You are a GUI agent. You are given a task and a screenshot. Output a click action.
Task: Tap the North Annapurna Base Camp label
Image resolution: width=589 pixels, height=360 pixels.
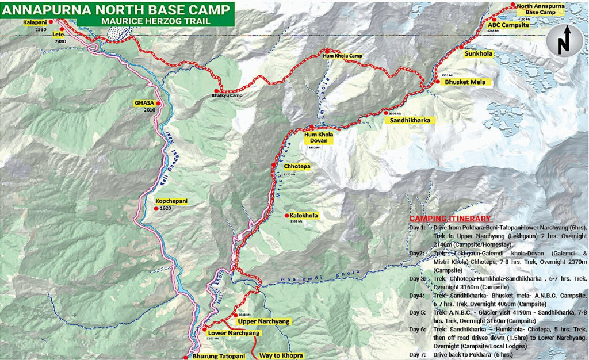pos(540,9)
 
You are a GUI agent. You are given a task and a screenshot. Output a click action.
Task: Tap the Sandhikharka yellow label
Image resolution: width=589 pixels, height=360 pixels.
pos(410,121)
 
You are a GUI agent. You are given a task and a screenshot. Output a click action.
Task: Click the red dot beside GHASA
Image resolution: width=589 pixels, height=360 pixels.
pos(157,104)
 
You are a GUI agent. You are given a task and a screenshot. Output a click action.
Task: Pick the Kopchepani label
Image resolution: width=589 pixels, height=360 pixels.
pos(171,201)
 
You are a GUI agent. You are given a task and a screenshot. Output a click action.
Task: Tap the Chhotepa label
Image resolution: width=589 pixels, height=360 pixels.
pos(297,166)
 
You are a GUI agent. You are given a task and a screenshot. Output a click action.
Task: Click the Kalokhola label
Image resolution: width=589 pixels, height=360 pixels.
pos(304,215)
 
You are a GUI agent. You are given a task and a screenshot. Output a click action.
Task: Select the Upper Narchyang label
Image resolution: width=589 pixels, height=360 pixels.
pos(262,321)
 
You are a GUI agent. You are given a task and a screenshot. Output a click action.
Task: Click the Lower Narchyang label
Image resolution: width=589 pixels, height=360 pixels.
pos(234,333)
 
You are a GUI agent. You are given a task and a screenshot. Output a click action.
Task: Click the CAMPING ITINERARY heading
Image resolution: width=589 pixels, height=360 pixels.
pos(450,219)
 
